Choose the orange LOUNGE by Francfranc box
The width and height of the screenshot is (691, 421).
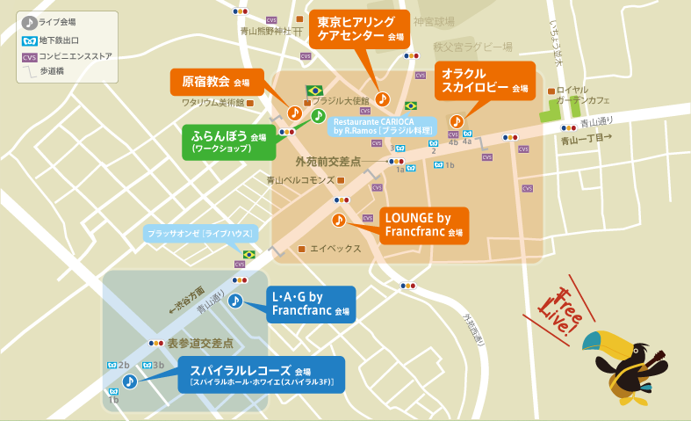pos(424,225)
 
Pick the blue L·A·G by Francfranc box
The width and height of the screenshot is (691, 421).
pos(311,304)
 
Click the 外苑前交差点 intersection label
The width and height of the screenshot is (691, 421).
pos(328,162)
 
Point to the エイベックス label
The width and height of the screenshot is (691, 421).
pos(335,249)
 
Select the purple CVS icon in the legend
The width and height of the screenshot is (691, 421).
pos(29,55)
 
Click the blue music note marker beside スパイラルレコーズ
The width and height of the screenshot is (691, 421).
pos(129,381)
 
